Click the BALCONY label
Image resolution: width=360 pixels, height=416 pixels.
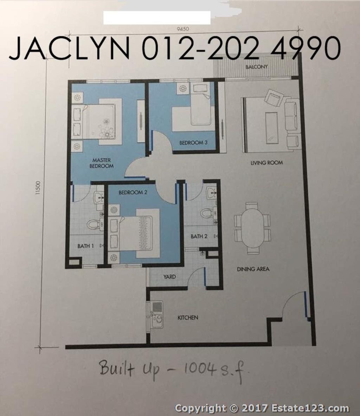[x=256, y=67]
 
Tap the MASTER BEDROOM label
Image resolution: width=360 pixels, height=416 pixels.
[x=101, y=163]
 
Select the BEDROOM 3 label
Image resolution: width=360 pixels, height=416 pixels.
[x=193, y=142]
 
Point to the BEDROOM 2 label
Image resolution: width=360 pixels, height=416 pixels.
[x=133, y=192]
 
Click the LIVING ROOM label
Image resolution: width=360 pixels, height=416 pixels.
[x=266, y=163]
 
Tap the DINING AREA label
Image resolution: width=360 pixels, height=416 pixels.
[x=253, y=269]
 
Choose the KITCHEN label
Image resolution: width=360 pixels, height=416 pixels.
[x=188, y=317]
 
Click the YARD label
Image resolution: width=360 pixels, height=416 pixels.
[x=170, y=277]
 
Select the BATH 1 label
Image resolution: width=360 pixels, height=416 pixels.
[x=85, y=246]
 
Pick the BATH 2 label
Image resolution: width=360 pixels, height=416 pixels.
[x=199, y=236]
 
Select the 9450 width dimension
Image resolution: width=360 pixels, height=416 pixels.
[x=183, y=29]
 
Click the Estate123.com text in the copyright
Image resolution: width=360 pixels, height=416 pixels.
[x=310, y=408]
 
